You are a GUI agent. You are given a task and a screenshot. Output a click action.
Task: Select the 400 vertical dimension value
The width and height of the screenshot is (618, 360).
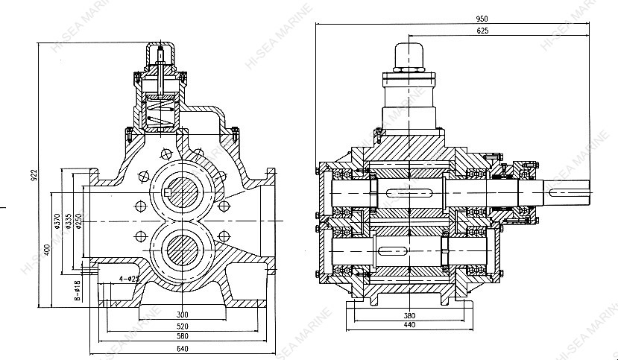pos(46,248)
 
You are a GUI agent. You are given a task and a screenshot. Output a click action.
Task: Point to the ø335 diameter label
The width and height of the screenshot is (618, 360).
pos(67,221)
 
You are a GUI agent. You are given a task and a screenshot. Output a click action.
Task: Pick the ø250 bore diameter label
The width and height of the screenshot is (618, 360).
pos(78,221)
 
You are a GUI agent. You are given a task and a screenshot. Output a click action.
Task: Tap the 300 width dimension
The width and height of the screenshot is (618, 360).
pos(183,315)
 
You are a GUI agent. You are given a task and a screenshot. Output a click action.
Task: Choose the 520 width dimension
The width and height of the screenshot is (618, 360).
pos(183,326)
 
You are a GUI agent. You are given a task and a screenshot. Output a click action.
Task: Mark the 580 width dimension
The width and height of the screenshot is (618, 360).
pos(183,336)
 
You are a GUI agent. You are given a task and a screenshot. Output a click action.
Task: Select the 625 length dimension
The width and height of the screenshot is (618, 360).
pos(482,31)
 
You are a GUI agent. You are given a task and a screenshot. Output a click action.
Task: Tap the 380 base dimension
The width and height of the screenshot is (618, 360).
pos(409,315)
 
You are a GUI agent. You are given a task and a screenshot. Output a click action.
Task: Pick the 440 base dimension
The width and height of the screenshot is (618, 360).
pos(409,325)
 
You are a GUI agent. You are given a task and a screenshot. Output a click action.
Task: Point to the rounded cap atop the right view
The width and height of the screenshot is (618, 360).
pos(408,54)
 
